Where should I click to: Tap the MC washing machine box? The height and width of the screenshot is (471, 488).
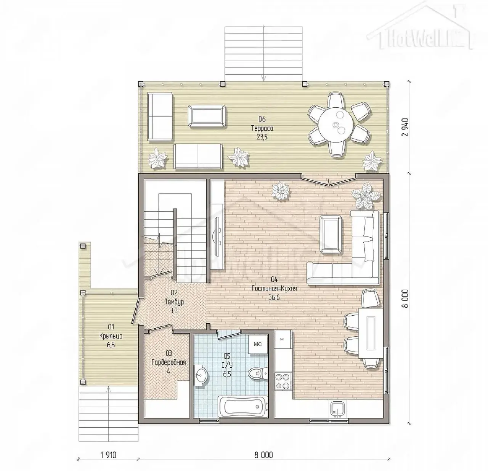[258, 344]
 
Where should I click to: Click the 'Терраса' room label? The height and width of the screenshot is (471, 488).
[262, 128]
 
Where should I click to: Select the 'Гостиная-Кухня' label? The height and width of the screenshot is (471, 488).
[274, 288]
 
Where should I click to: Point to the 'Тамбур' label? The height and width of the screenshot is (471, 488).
[174, 302]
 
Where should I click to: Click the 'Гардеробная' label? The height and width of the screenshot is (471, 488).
[169, 362]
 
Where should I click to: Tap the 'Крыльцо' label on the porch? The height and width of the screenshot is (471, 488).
[111, 336]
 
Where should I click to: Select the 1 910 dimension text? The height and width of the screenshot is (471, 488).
[109, 455]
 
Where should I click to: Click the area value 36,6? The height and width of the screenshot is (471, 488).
[274, 297]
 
